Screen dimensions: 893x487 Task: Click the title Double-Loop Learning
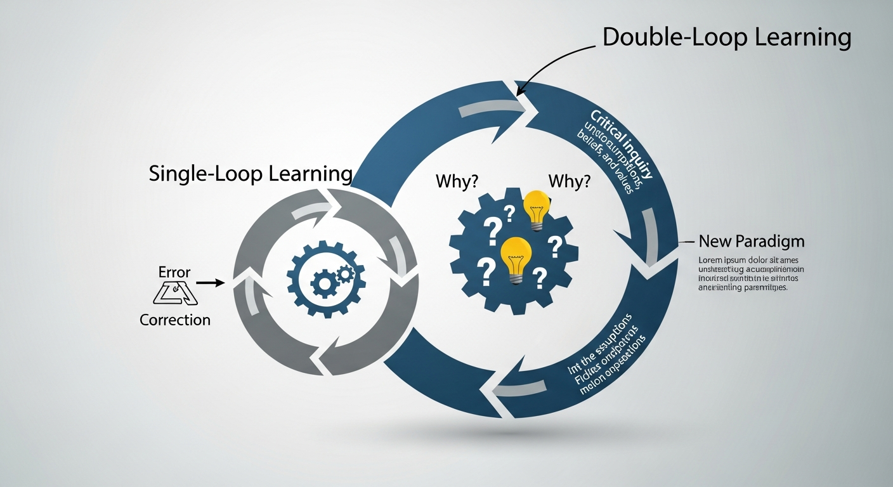click(726, 37)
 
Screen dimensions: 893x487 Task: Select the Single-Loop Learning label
click(251, 174)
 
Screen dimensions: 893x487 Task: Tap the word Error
click(174, 273)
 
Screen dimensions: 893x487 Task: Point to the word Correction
click(174, 320)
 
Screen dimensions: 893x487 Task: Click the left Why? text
click(457, 181)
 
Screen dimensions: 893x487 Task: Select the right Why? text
click(569, 181)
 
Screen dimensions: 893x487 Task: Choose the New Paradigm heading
click(751, 241)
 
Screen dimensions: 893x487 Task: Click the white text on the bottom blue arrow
click(606, 358)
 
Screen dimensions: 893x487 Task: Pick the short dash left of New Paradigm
click(685, 242)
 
